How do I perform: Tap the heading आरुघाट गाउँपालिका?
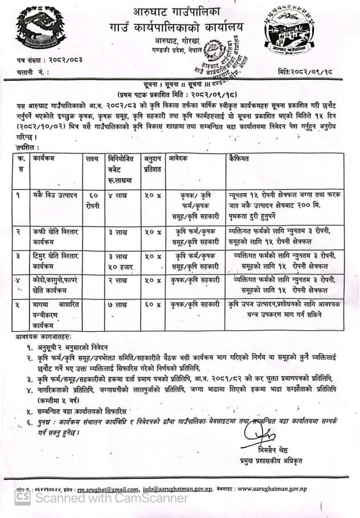(181, 11)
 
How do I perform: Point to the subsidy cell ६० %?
(151, 305)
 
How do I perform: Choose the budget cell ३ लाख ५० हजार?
(122, 261)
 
